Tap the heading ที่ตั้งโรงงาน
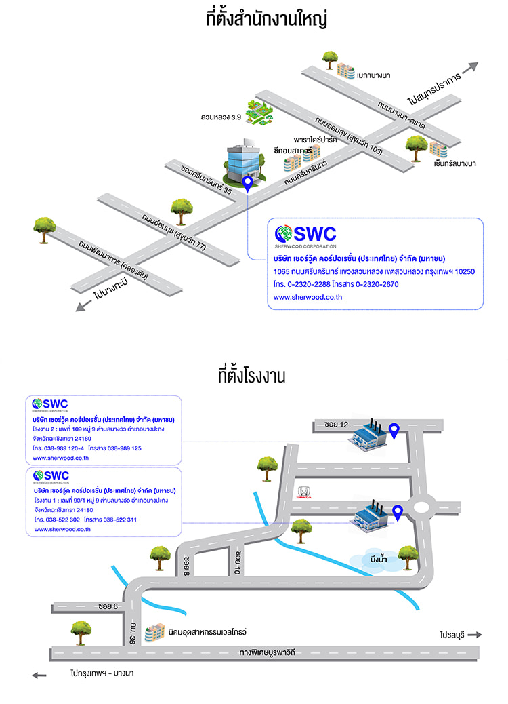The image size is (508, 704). point(252,376)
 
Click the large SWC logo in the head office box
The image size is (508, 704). point(305,234)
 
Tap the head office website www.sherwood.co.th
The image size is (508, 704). point(298,297)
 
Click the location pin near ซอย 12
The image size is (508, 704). point(394,429)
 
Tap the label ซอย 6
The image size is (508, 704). point(108,606)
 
